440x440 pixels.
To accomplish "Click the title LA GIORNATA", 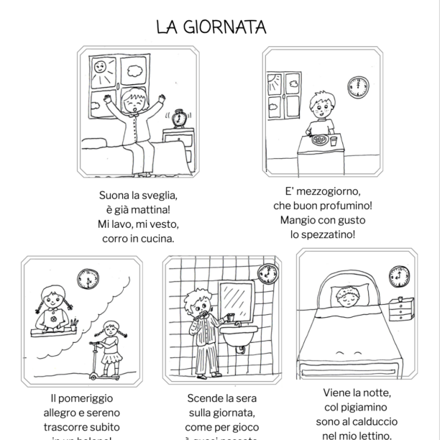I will (x=211, y=27).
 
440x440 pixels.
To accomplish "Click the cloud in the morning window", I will (x=133, y=70).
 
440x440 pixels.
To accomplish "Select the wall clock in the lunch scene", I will (x=357, y=88).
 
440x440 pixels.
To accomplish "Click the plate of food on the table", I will (x=319, y=139).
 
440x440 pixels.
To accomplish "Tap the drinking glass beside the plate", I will (x=334, y=140).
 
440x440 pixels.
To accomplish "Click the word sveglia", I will (x=160, y=195).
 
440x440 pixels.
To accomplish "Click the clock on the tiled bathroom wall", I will (x=267, y=274).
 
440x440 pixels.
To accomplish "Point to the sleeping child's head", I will (x=347, y=295).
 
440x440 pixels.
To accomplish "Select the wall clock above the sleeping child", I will (x=399, y=275).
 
